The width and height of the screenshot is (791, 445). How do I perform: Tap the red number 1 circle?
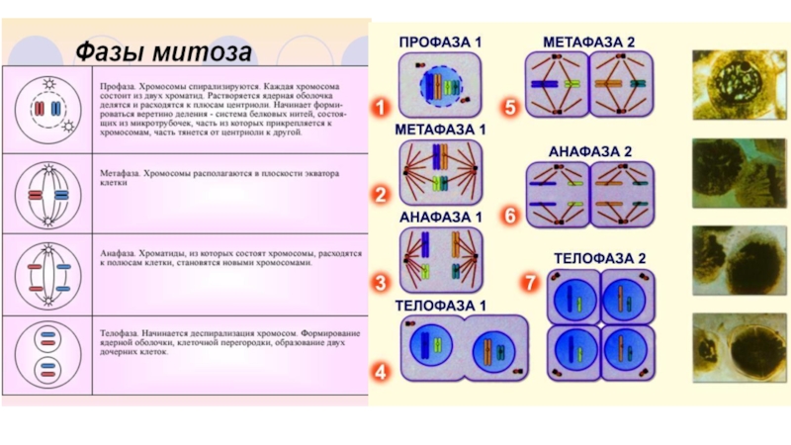click(x=380, y=105)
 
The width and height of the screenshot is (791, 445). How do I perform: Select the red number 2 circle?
click(x=380, y=195)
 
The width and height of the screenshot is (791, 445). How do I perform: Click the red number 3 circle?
click(x=380, y=283)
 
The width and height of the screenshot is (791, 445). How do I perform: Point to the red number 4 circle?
click(x=380, y=373)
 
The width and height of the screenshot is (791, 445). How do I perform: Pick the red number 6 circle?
click(x=509, y=216)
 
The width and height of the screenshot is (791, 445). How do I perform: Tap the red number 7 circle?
click(x=531, y=283)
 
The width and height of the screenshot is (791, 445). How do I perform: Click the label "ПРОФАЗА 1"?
click(x=440, y=43)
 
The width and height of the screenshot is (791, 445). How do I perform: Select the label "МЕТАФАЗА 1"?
click(x=441, y=130)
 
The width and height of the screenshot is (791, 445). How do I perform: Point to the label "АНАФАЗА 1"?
click(x=441, y=217)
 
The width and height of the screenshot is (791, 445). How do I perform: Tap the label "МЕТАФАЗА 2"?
click(x=589, y=42)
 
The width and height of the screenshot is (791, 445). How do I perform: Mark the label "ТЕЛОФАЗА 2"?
click(x=599, y=259)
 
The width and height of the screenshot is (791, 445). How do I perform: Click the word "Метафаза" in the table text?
click(x=118, y=173)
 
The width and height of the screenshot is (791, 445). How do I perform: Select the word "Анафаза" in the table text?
click(x=117, y=254)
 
